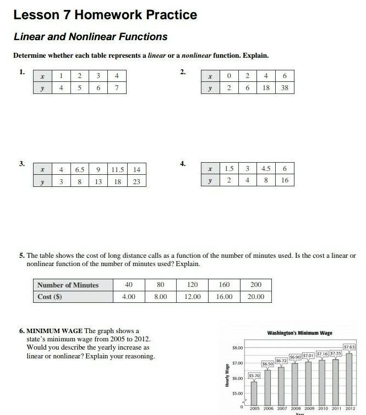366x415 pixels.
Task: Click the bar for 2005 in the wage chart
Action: tap(254, 393)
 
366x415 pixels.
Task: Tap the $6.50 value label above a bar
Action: tap(267, 364)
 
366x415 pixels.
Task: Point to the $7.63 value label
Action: tap(349, 347)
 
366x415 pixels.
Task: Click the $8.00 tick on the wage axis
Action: tap(236, 348)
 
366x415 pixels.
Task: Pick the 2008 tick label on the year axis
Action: tap(295, 409)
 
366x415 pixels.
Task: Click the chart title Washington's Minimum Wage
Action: tap(299, 333)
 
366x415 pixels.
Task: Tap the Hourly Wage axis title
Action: tap(227, 375)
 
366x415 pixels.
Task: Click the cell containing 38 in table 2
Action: tap(285, 88)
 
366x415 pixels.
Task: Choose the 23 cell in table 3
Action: tap(136, 181)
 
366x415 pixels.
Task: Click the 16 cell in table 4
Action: tap(285, 180)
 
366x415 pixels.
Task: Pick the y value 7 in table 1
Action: tap(116, 87)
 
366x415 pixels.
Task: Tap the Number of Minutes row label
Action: tap(68, 285)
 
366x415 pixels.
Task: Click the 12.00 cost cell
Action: tap(193, 297)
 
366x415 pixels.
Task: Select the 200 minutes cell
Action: tap(256, 285)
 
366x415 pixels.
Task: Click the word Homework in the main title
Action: tap(105, 15)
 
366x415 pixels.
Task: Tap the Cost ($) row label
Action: tap(50, 297)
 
